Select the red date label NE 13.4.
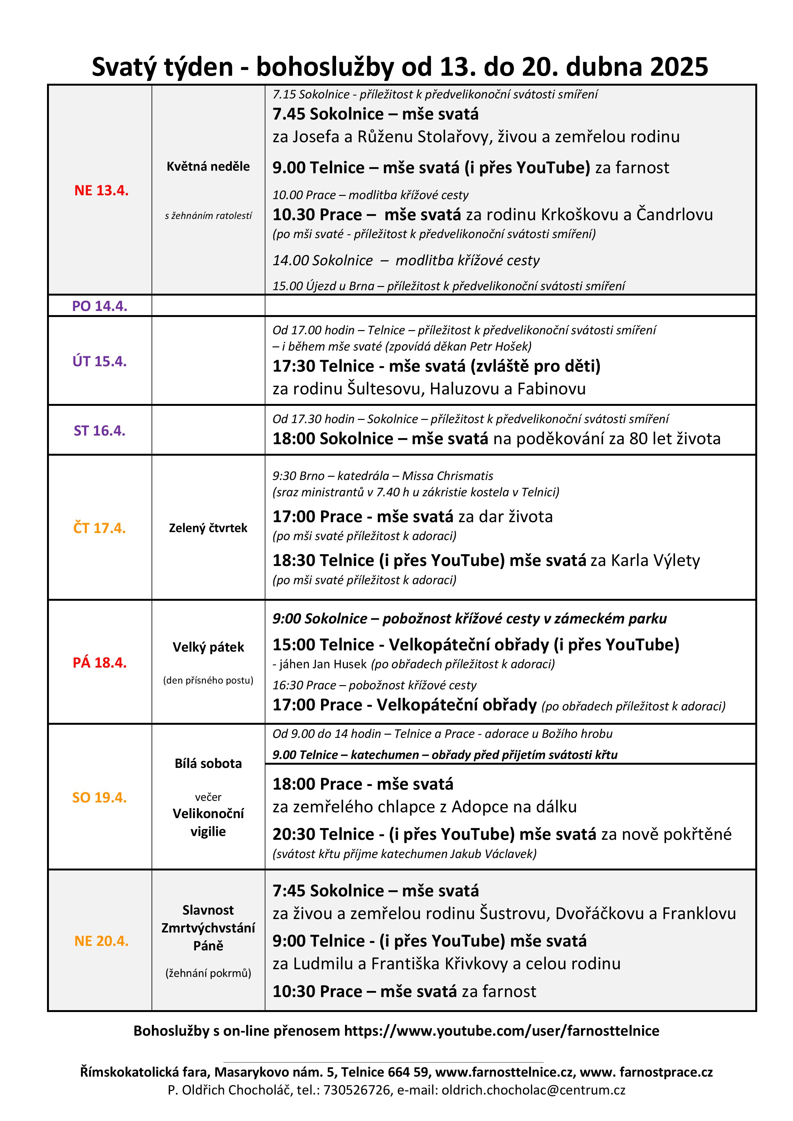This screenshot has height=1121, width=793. point(101,190)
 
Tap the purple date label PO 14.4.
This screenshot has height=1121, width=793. point(100,306)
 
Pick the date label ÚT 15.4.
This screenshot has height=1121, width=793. point(100,361)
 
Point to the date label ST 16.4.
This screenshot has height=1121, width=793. point(100,431)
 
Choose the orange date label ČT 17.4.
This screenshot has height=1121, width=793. point(100,528)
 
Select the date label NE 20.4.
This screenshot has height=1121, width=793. point(101,941)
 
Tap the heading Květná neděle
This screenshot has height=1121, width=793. point(208,166)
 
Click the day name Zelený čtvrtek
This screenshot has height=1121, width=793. point(208,528)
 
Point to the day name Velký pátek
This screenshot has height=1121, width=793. point(208,647)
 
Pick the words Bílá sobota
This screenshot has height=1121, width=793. point(208,764)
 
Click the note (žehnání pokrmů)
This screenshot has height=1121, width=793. point(208,973)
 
